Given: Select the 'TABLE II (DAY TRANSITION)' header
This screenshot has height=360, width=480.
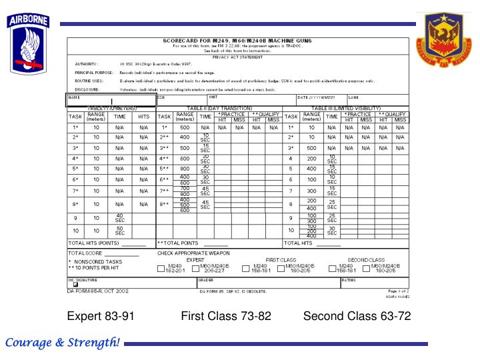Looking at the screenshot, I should pos(221,108).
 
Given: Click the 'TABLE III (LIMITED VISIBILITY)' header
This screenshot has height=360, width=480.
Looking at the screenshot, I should pos(346,108).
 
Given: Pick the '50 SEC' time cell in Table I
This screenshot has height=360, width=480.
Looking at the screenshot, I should pos(119,231).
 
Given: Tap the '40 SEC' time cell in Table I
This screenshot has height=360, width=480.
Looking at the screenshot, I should pos(119,218).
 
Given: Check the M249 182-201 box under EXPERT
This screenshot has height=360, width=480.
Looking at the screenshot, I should pos(160,270).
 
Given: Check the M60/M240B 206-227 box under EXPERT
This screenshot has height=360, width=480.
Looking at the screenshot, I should pos(194,270).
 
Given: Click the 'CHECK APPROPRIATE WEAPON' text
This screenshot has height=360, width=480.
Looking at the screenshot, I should pos(193,253).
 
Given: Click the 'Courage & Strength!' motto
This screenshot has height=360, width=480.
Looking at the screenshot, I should pos(63,343).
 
